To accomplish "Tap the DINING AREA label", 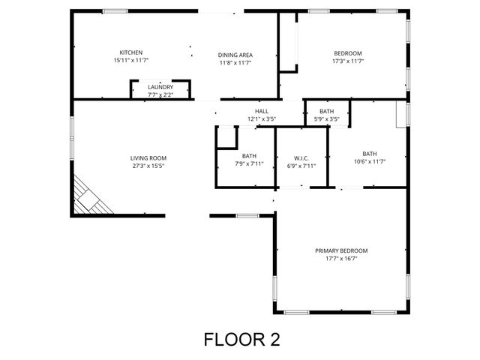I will point(235,55).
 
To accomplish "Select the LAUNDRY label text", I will point(160,87).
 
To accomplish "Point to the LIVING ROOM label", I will point(148,157).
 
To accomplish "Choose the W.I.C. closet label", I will point(301,158).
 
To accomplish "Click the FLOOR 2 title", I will point(241,339).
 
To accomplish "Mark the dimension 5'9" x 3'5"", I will point(326,118).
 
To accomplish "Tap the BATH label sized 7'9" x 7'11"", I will point(249,156).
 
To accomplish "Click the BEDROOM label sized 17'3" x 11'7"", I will point(348,52).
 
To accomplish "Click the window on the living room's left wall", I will point(72,136).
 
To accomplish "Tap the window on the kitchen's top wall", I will point(114,10).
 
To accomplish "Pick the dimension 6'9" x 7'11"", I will point(301,166).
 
